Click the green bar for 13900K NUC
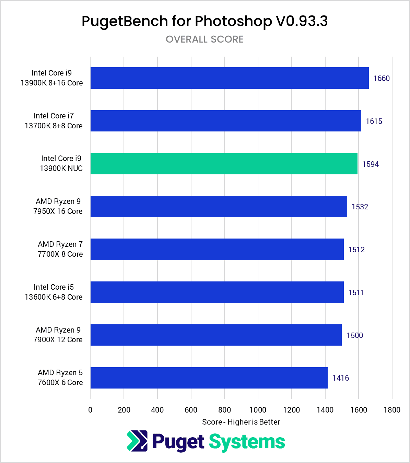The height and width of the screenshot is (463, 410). (224, 164)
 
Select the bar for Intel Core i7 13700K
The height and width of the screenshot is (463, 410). (226, 121)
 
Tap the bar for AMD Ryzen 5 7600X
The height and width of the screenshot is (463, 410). (209, 378)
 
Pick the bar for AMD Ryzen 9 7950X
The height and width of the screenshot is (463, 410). (219, 207)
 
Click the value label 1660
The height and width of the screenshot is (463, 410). (382, 79)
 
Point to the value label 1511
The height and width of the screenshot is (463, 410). (356, 292)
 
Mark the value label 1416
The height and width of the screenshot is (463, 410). (341, 378)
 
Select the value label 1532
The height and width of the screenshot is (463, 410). (360, 207)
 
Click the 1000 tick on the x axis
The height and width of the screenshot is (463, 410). (258, 410)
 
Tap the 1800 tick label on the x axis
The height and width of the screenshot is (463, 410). (392, 410)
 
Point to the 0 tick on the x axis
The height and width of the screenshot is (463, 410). (90, 410)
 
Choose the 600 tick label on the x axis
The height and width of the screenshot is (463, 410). (191, 410)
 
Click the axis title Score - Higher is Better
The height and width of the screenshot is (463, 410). (241, 422)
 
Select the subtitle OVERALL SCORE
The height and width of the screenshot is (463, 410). (204, 39)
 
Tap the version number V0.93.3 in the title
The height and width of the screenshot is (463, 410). (302, 21)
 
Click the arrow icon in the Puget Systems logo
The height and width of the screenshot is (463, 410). (137, 441)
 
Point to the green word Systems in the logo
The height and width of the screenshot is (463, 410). (247, 442)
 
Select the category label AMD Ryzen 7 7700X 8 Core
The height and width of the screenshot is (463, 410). (60, 249)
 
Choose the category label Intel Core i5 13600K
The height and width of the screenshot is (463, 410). (54, 292)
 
